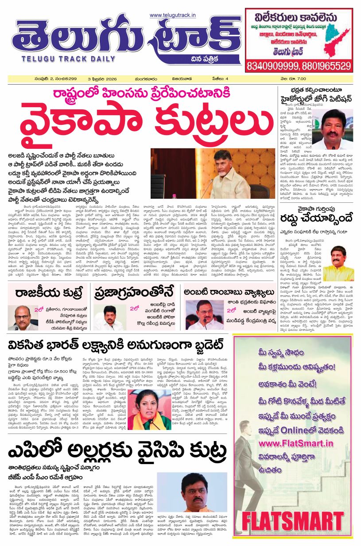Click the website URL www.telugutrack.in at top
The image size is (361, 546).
(173, 15)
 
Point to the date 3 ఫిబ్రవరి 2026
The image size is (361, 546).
(103, 79)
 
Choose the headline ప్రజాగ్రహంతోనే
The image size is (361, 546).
(135, 293)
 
